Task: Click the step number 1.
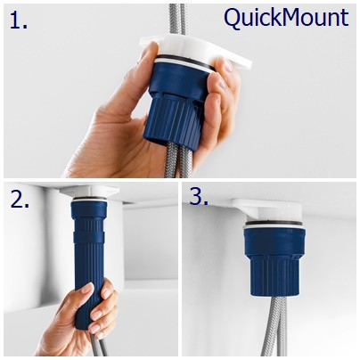(x=19, y=20)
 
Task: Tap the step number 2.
(x=20, y=199)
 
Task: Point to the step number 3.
(x=199, y=196)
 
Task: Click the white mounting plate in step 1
(x=196, y=51)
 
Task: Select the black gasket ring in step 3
(x=274, y=224)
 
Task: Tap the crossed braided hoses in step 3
(x=274, y=327)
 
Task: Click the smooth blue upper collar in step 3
(x=274, y=242)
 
